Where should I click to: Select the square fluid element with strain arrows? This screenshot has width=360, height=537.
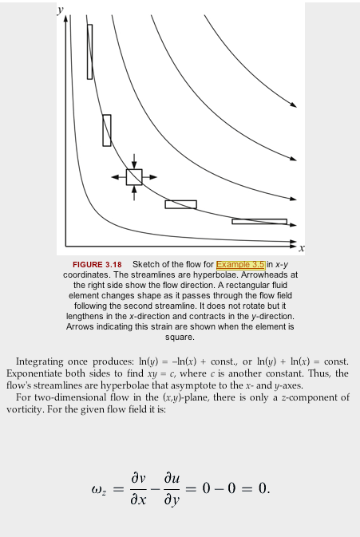(134, 176)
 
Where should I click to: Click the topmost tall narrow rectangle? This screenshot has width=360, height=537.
(89, 51)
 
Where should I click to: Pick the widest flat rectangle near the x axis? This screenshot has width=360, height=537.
(259, 221)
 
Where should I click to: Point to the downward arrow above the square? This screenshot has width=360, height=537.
(134, 160)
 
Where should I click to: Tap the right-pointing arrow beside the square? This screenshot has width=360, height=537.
(151, 176)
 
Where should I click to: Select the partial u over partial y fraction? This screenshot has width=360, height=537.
(177, 487)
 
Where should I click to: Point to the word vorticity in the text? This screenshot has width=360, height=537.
(25, 409)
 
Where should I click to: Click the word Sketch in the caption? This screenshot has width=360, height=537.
(146, 264)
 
